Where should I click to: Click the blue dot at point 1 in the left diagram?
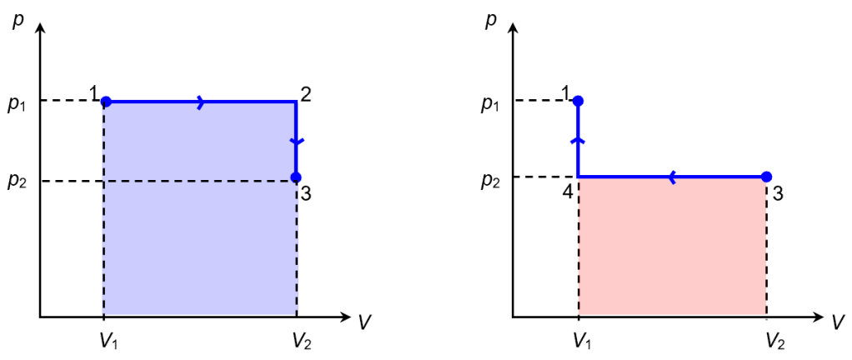[x=106, y=102]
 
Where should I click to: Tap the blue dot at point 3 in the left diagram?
[x=296, y=177]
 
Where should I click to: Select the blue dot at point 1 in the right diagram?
[x=579, y=101]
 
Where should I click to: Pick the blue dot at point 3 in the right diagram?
[x=767, y=176]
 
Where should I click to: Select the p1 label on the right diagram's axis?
[x=490, y=104]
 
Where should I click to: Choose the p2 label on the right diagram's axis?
[x=490, y=180]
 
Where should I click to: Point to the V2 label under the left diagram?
[x=302, y=340]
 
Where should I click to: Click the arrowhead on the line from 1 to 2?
[x=200, y=102]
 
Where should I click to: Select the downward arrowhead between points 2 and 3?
[x=297, y=141]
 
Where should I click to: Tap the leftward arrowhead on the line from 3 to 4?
[x=671, y=176]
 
